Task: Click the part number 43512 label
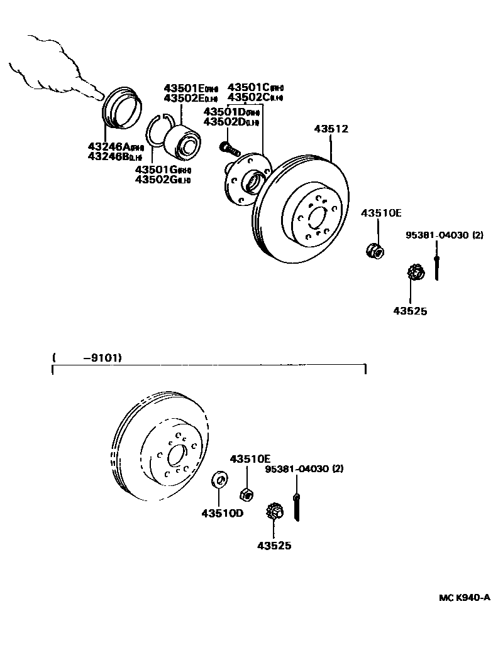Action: tap(330, 129)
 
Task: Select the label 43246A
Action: tap(109, 146)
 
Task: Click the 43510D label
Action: tap(222, 513)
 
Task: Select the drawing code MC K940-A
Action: tap(464, 598)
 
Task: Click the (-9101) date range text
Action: tap(87, 358)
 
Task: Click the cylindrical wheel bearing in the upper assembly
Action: tap(182, 141)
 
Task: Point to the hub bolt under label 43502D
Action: tap(230, 149)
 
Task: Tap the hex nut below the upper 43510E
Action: tap(375, 251)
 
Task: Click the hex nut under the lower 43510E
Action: tap(248, 493)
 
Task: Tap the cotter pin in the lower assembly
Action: tap(297, 507)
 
